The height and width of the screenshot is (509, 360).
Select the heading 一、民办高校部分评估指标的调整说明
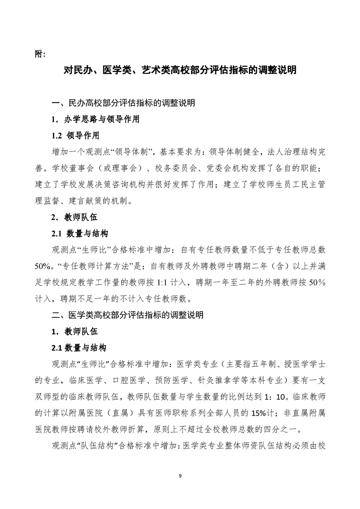(123, 103)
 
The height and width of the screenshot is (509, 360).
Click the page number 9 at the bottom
(180, 475)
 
